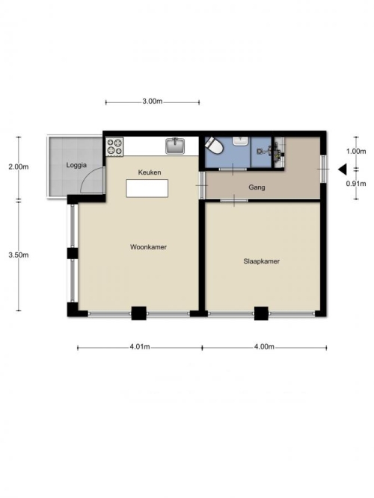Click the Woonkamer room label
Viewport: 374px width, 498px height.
pos(148,247)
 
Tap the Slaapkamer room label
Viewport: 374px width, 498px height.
pos(261,261)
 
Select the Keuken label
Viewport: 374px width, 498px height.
pos(150,172)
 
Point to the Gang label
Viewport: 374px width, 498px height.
pos(257,187)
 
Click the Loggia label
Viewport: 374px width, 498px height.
pos(76,165)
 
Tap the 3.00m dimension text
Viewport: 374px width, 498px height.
pos(152,102)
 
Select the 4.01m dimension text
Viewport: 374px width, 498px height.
pos(139,346)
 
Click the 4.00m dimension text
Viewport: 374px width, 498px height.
pos(264,346)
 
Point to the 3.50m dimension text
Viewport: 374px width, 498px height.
pos(19,255)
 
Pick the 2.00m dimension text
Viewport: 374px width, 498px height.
pos(19,166)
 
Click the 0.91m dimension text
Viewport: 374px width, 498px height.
pos(356,183)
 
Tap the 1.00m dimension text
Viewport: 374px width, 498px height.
pos(356,151)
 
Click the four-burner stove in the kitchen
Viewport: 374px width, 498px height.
pos(114,147)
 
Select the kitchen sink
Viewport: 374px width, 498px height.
pos(175,146)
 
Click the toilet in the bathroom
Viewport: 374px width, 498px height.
pos(213,146)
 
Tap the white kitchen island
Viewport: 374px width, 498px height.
pos(147,188)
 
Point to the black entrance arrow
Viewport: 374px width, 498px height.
pos(343,169)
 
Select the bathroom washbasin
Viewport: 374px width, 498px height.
pos(242,141)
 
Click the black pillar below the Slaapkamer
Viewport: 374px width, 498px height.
pos(261,313)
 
